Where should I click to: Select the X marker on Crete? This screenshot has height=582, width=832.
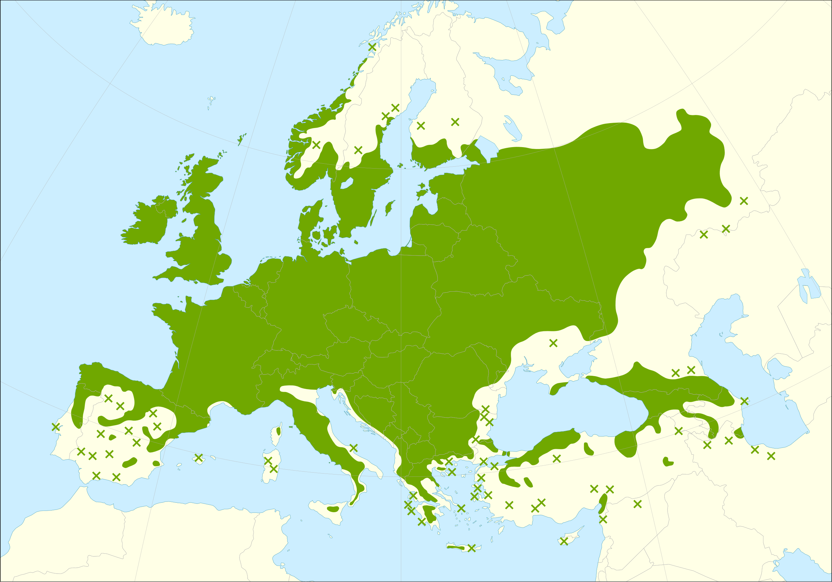click(x=472, y=548)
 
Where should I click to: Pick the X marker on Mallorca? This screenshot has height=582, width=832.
click(x=199, y=458)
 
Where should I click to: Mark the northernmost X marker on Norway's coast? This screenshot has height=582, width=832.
click(x=372, y=47)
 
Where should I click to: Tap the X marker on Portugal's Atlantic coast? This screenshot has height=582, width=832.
click(x=56, y=427)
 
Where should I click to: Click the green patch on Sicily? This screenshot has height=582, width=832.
click(x=333, y=509)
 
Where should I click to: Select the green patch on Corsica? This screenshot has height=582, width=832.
click(x=278, y=431)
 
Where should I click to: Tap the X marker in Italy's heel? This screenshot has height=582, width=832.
click(x=353, y=448)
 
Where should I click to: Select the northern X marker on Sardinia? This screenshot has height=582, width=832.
click(x=268, y=461)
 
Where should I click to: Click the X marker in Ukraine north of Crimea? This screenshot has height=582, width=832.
click(x=553, y=343)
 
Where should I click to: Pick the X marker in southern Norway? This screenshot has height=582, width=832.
click(x=316, y=145)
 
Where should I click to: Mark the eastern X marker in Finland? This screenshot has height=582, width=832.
click(x=455, y=122)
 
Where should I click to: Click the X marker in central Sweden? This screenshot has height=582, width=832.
click(x=358, y=150)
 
